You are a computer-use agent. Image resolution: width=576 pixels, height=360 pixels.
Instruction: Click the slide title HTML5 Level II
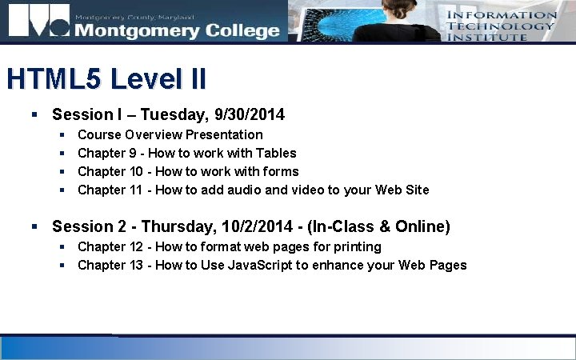pyautogui.click(x=106, y=79)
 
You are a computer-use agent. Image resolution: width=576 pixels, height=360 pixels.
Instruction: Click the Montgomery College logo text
pyautogui.click(x=177, y=30)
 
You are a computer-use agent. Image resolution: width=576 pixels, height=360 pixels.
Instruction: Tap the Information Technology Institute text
pyautogui.click(x=501, y=26)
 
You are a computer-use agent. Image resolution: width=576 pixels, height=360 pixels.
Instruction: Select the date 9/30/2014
pyautogui.click(x=249, y=115)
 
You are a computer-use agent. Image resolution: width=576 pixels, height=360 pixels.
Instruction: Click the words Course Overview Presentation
pyautogui.click(x=170, y=134)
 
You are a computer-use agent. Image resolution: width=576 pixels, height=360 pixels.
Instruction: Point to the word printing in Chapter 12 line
pyautogui.click(x=355, y=246)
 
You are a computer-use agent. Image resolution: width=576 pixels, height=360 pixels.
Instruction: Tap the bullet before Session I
pyautogui.click(x=35, y=115)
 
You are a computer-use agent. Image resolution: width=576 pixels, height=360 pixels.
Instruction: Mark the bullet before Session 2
pyautogui.click(x=35, y=227)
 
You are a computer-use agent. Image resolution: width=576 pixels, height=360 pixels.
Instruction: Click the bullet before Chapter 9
pyautogui.click(x=62, y=153)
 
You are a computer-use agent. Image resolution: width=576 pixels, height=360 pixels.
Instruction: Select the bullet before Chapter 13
pyautogui.click(x=62, y=265)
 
